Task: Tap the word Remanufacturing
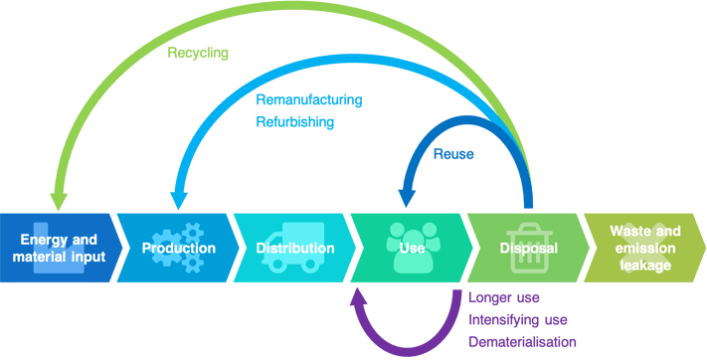coord(309,100)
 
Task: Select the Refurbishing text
coord(295,122)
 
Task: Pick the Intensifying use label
coord(519,319)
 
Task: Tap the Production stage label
coord(178,248)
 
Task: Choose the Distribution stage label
coord(295,248)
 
